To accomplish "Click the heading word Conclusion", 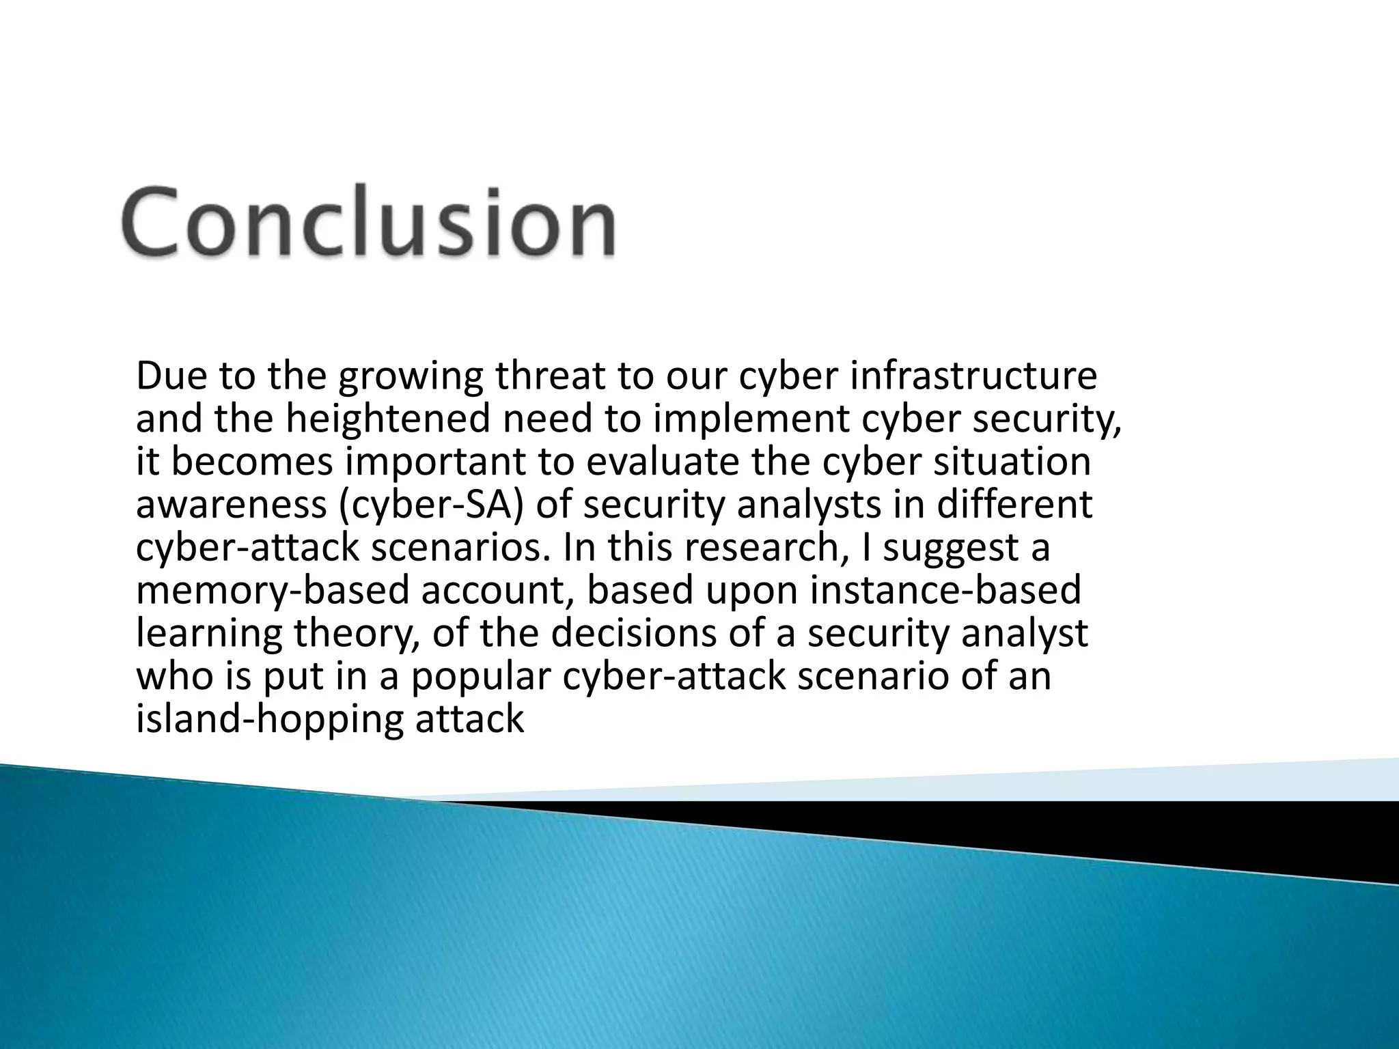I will pyautogui.click(x=369, y=223).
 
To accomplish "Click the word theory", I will pyautogui.click(x=356, y=634).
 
